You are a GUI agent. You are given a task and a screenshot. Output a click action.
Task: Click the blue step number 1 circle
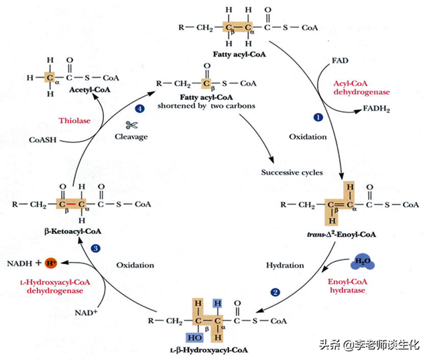pyautogui.click(x=318, y=117)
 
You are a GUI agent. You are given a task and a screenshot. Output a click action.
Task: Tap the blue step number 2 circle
pyautogui.click(x=275, y=292)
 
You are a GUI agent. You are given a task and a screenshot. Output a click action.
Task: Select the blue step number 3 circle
pyautogui.click(x=96, y=248)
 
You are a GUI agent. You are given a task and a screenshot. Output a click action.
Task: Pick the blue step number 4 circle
pyautogui.click(x=139, y=108)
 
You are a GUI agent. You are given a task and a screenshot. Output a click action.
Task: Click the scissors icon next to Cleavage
pyautogui.click(x=131, y=125)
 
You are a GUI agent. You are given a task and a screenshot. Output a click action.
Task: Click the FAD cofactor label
pyautogui.click(x=339, y=61)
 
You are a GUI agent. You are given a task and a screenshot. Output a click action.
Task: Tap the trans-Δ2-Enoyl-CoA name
pyautogui.click(x=335, y=235)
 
